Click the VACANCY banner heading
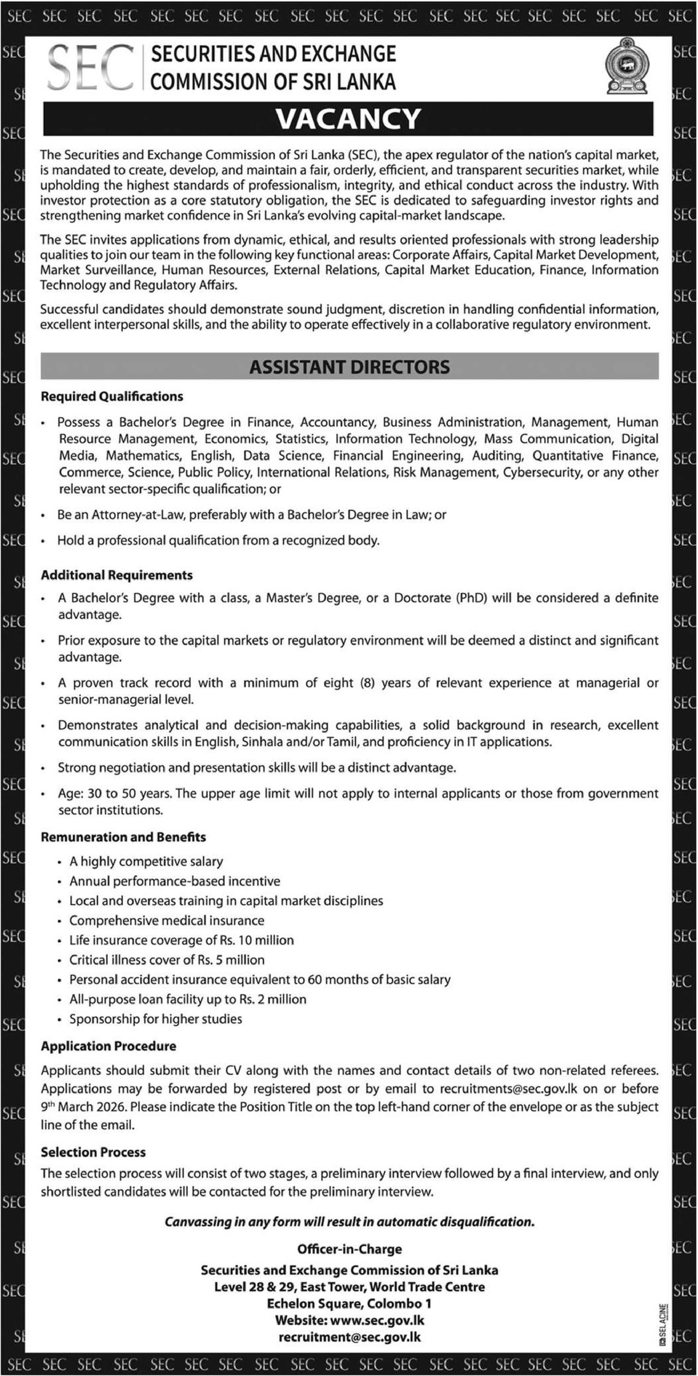[x=348, y=119]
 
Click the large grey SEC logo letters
[x=90, y=67]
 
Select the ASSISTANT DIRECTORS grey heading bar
[x=350, y=367]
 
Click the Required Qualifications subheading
[x=112, y=396]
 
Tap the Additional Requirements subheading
[x=116, y=575]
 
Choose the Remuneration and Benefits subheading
[x=123, y=837]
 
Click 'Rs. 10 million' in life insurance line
[x=256, y=940]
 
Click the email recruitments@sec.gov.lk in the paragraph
[x=508, y=1089]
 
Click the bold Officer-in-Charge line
[x=350, y=1249]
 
